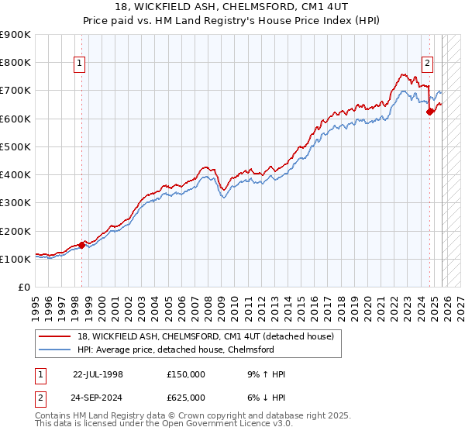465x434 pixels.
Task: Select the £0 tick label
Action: point(24,288)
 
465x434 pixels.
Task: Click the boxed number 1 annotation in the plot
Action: point(80,65)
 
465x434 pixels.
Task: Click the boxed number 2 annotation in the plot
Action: point(427,65)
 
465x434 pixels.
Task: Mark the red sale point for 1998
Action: point(82,246)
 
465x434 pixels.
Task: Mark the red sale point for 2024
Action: point(430,112)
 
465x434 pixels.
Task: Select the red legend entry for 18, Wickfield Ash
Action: point(205,336)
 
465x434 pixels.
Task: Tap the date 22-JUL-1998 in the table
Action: point(98,374)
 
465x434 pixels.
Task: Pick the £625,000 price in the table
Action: point(186,398)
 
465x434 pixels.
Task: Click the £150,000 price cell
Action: point(186,374)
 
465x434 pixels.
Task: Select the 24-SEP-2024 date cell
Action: point(98,398)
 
